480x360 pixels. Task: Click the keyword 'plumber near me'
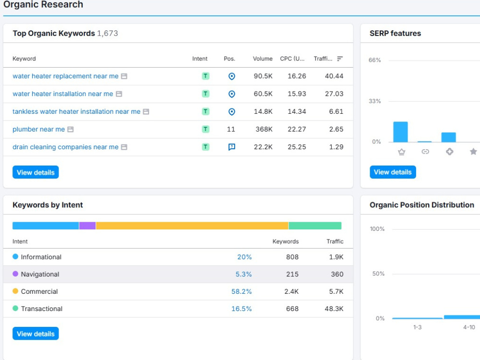[x=38, y=129]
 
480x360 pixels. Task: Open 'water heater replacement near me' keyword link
[x=65, y=76]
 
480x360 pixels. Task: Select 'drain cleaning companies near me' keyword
[x=65, y=147]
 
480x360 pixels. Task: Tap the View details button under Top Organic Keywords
[x=36, y=172]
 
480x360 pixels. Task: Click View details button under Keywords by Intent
[x=36, y=334]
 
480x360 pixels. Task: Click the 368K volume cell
[x=264, y=129]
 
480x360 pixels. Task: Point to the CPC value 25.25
[x=297, y=147]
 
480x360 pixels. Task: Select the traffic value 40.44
[x=334, y=76]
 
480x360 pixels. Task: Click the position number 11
[x=231, y=129]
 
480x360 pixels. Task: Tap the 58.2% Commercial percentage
[x=241, y=291]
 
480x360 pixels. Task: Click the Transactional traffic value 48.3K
[x=334, y=309]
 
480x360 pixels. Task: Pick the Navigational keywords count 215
[x=292, y=274]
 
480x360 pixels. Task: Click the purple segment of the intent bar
[x=87, y=226]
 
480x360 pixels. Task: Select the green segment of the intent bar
[x=315, y=226]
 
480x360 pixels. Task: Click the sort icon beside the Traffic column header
[x=340, y=59]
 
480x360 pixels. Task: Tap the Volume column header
[x=263, y=59]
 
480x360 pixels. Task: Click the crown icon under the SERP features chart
[x=402, y=152]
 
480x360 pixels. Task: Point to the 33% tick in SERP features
[x=375, y=101]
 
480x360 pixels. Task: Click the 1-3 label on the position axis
[x=417, y=327]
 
